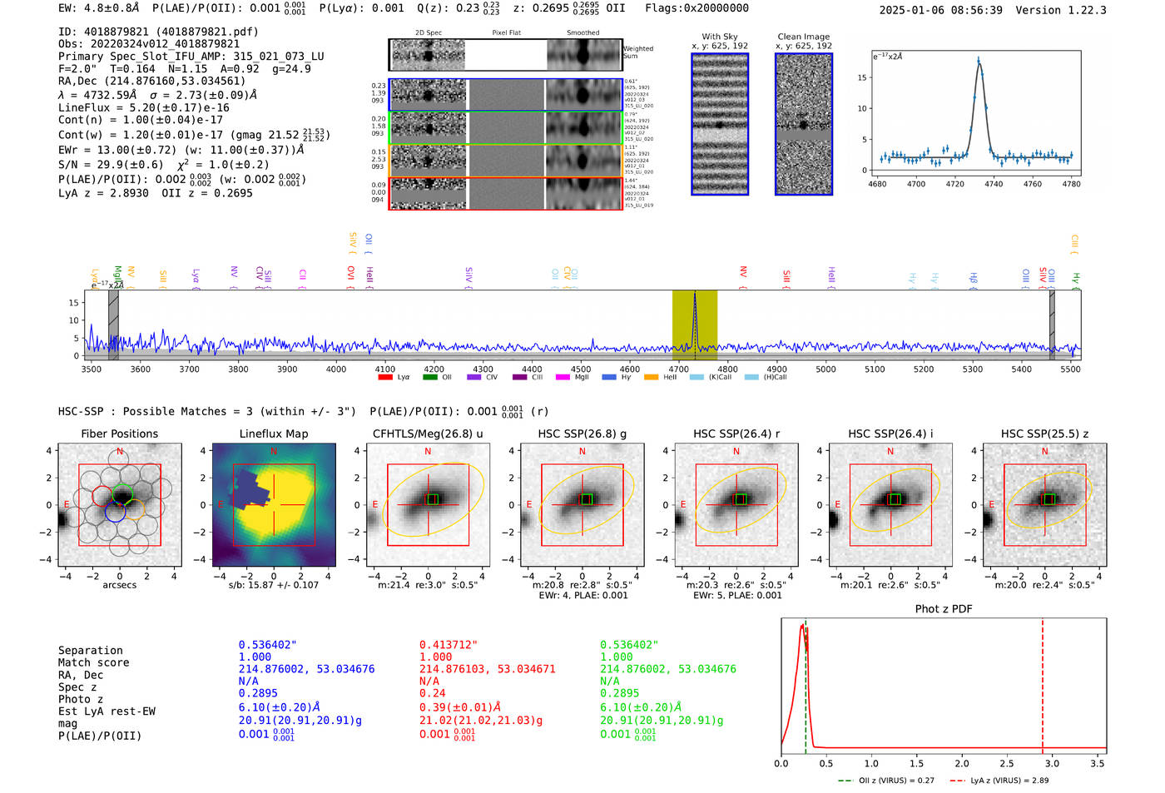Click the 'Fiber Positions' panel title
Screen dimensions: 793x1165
coord(119,434)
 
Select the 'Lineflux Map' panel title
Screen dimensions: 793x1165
coord(273,434)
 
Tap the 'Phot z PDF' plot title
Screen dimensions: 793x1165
coord(943,609)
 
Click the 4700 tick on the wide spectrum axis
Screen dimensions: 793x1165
coord(679,369)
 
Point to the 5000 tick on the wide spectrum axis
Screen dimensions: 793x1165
coord(825,369)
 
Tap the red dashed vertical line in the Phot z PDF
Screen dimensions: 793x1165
coord(1043,682)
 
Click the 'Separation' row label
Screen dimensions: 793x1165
coord(90,651)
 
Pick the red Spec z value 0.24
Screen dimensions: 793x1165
coord(432,693)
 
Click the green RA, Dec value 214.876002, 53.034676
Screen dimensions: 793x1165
coord(667,669)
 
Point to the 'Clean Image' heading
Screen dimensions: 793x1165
coord(803,37)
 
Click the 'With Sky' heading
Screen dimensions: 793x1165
coord(719,37)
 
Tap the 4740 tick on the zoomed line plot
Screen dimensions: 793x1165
coord(994,184)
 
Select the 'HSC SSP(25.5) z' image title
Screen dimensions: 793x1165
coord(1044,434)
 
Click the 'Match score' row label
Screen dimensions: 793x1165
coord(93,663)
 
